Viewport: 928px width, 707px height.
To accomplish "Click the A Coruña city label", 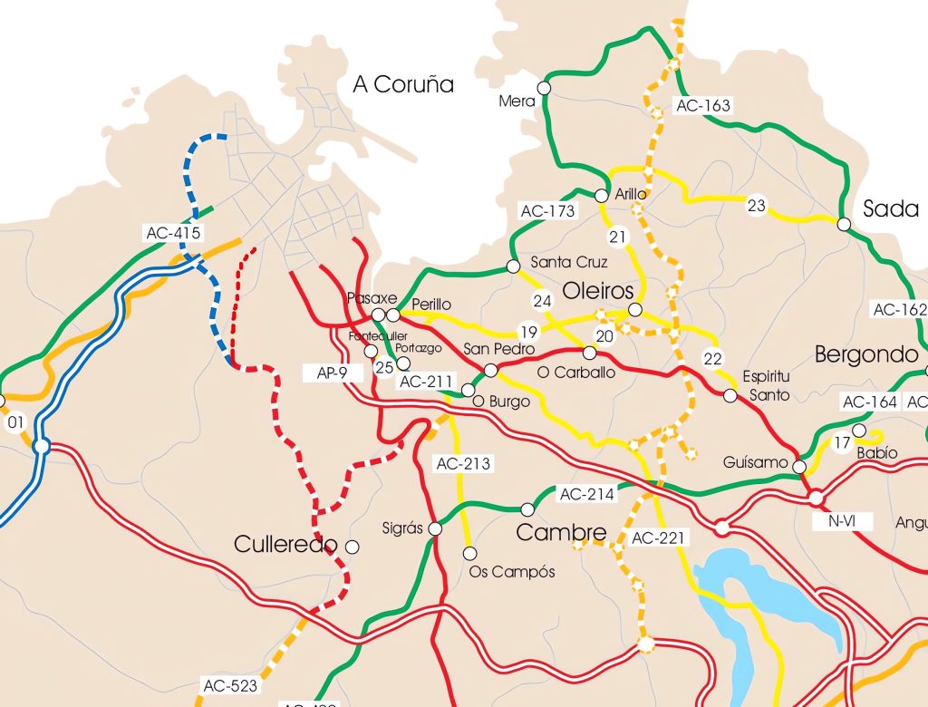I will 403,85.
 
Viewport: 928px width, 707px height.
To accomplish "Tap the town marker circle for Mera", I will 544,88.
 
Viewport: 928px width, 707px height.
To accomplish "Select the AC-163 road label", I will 702,106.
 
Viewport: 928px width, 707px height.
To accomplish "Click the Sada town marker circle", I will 844,224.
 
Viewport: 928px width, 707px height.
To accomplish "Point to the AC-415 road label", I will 172,233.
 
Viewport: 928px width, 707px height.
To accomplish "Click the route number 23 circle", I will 757,206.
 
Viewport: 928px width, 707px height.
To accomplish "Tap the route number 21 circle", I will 618,237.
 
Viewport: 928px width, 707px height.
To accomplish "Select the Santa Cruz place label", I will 569,263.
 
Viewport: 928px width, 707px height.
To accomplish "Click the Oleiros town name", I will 598,292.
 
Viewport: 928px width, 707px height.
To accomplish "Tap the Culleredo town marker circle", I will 353,547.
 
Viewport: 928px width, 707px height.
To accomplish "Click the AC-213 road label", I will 463,464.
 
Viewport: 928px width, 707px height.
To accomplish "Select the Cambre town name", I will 561,533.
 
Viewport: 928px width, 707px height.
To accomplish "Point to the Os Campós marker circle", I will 469,553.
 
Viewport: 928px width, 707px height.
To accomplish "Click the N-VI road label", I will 842,521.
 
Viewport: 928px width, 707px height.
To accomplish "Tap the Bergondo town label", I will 866,354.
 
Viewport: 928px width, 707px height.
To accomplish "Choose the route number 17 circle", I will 842,443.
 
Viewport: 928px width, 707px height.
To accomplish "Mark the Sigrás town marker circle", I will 435,528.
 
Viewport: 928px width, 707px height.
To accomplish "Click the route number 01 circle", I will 14,422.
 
